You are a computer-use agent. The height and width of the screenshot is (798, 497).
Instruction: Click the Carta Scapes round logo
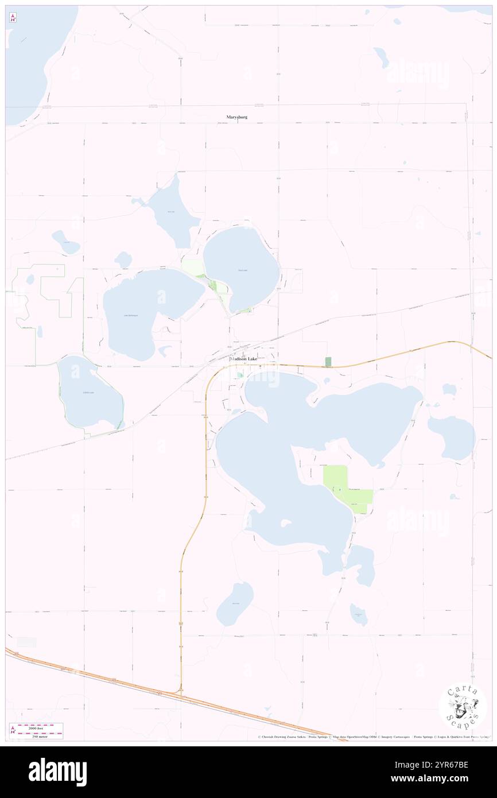point(463,707)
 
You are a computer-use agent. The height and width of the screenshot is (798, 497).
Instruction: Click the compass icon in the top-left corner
point(13,18)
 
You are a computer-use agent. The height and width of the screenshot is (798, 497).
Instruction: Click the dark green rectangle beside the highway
point(328,362)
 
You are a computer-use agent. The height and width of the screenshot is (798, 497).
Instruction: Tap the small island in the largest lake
point(285,523)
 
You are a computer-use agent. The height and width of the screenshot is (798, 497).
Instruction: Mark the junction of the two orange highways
point(181,694)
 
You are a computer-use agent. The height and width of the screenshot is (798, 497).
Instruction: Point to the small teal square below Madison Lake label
point(240,375)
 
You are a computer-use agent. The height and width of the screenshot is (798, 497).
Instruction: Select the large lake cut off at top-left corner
point(34,57)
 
